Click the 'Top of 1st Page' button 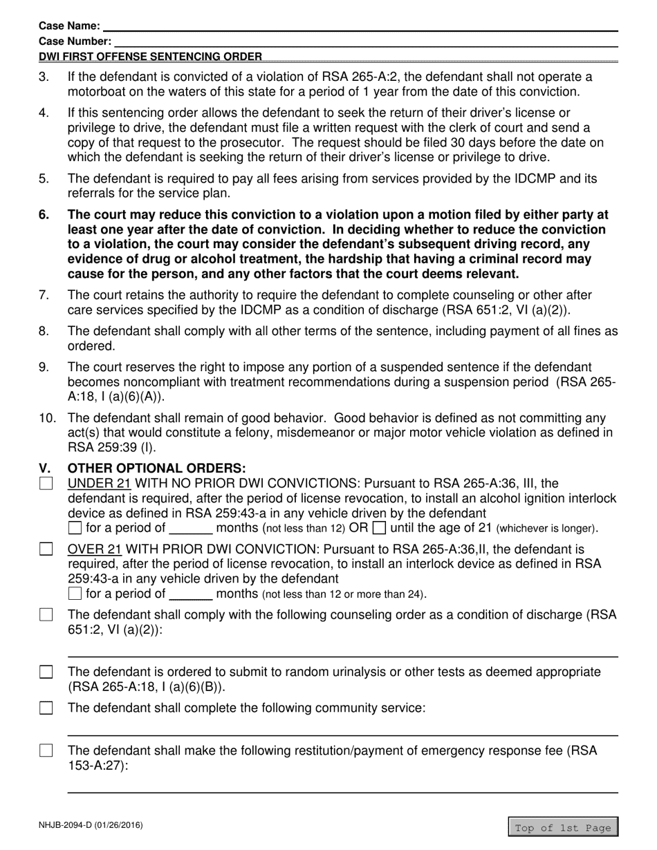pos(562,827)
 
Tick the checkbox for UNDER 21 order pos(46,484)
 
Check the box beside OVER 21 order pos(46,549)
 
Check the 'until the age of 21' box pos(379,529)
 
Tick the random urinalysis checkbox pos(46,672)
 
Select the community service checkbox pos(46,708)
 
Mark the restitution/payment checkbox pos(46,751)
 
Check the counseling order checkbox pos(46,615)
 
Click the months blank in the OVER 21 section pos(190,594)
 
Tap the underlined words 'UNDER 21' pos(99,483)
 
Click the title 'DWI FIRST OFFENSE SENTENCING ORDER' pos(150,57)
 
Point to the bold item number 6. pos(44,215)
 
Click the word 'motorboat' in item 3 pos(97,92)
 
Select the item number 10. pos(46,418)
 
